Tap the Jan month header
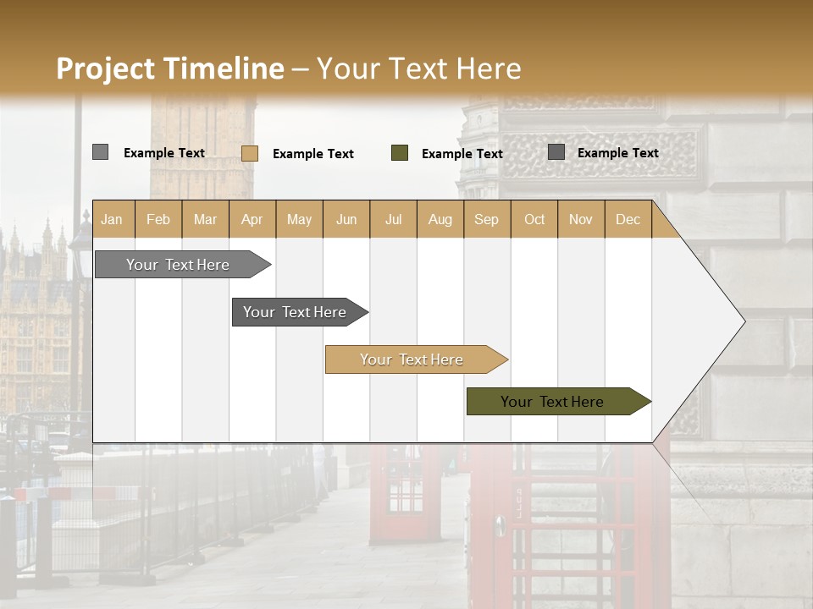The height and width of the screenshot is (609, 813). [112, 219]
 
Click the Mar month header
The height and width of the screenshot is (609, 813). [205, 219]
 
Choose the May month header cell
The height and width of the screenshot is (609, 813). [299, 219]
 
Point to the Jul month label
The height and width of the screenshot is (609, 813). [393, 219]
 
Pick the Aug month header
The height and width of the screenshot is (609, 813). [440, 219]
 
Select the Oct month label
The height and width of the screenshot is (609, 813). [534, 219]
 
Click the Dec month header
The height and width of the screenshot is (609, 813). [628, 219]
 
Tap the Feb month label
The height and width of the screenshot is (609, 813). [158, 219]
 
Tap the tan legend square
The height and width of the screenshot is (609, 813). [250, 153]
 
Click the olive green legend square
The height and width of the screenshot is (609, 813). [400, 153]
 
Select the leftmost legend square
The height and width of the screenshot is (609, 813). [100, 152]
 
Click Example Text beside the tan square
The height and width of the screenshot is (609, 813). [313, 154]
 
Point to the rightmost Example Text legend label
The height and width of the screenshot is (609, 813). [617, 153]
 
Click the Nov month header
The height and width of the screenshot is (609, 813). [581, 219]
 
